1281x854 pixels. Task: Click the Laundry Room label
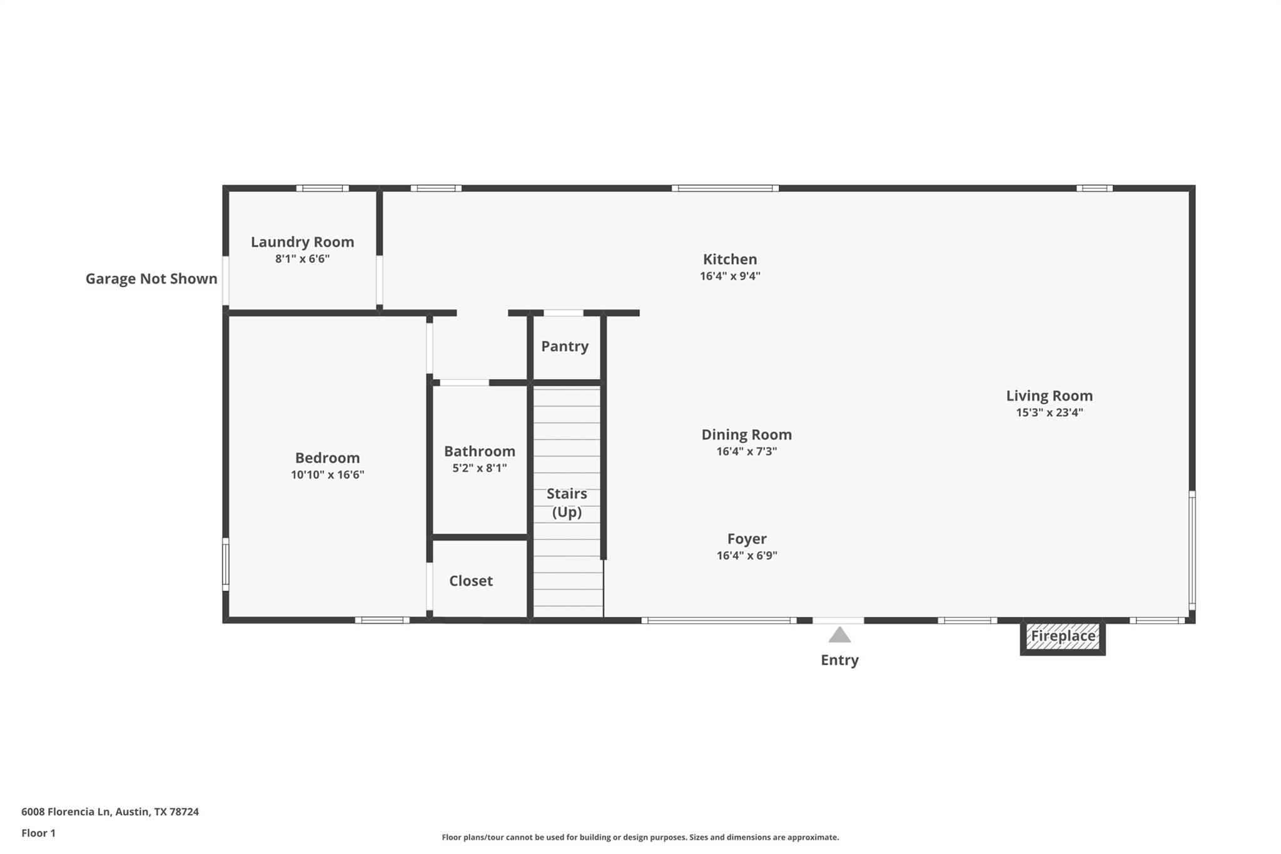pos(302,242)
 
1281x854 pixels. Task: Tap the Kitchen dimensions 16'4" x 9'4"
pos(730,276)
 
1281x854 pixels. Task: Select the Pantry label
pos(564,347)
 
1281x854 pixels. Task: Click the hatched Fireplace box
pos(1063,636)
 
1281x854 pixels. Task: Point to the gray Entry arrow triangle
pos(839,636)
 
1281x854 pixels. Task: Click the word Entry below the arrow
pos(839,660)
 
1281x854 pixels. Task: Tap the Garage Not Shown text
pos(151,279)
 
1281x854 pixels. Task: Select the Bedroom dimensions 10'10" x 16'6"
pos(327,475)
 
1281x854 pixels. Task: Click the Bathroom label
pos(479,452)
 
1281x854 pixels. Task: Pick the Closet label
pos(470,581)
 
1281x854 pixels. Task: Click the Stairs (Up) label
pos(567,503)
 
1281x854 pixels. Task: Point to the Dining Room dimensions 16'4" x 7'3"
pos(746,452)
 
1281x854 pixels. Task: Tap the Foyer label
pos(746,539)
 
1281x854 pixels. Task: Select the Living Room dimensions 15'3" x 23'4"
pos(1049,413)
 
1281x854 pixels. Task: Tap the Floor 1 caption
pos(38,833)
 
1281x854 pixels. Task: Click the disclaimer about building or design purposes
pos(640,837)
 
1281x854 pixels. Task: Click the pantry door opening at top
pos(563,313)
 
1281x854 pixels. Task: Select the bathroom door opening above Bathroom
pos(464,383)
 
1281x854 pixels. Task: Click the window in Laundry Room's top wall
pos(322,188)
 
